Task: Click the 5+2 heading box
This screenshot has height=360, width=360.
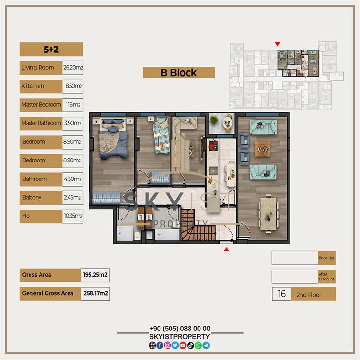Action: tap(51, 50)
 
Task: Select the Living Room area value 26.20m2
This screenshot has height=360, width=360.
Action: tap(73, 68)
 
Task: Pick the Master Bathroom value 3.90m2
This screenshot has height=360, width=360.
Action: tap(73, 123)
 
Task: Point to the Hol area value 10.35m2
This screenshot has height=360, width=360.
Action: tap(73, 216)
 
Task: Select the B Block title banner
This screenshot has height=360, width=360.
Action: tap(179, 73)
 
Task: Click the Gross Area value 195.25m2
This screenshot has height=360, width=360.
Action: tap(95, 275)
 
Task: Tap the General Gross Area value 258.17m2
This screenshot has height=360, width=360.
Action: tap(95, 294)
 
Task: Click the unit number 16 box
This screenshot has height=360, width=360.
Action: tap(282, 294)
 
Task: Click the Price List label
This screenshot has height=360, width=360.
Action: tap(327, 258)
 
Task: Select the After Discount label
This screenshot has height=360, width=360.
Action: tap(327, 277)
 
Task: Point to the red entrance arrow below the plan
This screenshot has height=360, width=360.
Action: tap(226, 250)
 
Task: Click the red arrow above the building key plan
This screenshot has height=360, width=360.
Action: tap(277, 44)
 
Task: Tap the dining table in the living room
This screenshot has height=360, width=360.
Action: tap(269, 213)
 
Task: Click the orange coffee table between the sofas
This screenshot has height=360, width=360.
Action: tap(262, 149)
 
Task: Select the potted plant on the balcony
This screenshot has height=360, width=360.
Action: tap(214, 120)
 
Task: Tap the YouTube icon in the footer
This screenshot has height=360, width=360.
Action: tap(183, 345)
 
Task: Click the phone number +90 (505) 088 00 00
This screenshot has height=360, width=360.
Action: tap(180, 329)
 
